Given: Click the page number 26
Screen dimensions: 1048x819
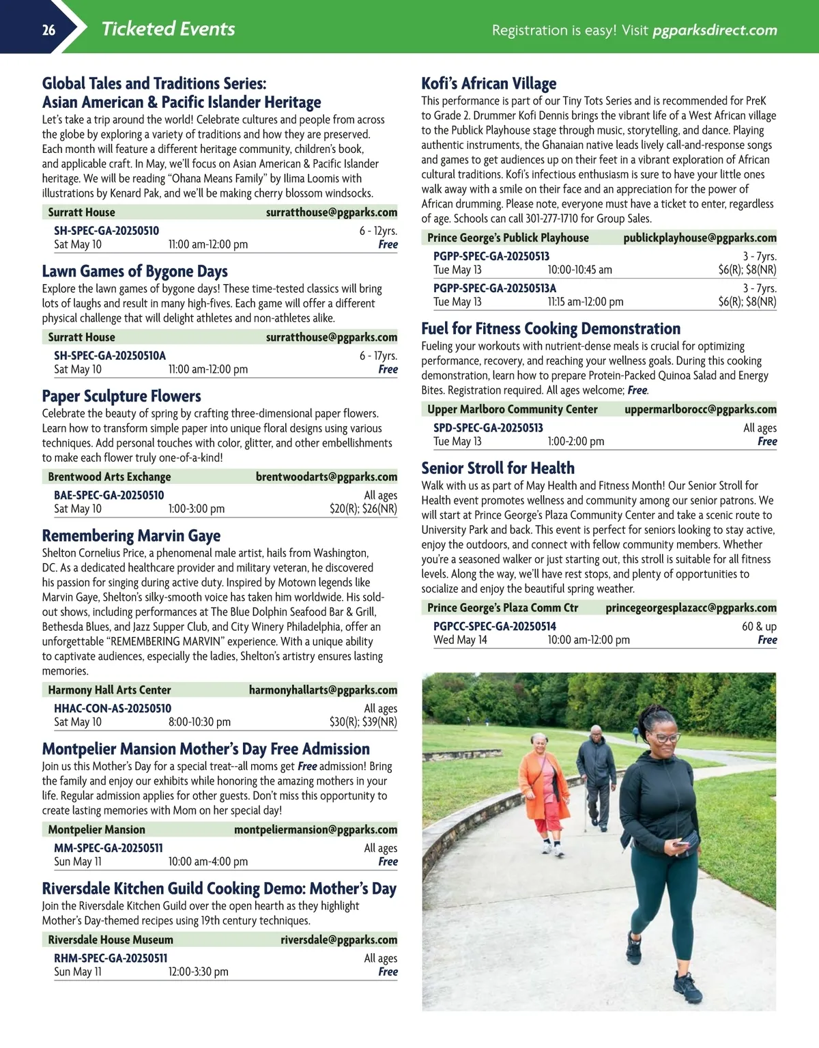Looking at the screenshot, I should click(x=48, y=29).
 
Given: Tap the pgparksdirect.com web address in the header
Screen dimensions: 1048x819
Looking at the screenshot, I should click(x=715, y=30).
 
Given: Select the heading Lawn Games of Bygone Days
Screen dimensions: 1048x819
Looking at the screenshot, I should click(x=134, y=272).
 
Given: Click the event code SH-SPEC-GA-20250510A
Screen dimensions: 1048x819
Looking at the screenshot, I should click(x=110, y=356).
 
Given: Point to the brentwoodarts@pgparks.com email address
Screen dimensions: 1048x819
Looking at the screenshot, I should click(x=326, y=477).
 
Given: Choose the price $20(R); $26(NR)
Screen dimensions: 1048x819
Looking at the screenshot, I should click(x=363, y=509).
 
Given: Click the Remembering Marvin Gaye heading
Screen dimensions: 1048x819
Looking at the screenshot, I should click(x=131, y=536).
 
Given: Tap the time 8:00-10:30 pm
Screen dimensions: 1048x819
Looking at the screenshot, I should click(x=199, y=722).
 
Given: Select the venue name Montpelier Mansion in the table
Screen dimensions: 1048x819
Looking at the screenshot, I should click(x=96, y=830).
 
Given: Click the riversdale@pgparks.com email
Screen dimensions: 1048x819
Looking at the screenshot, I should click(x=339, y=940).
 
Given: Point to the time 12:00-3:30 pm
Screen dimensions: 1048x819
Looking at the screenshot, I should click(x=198, y=972).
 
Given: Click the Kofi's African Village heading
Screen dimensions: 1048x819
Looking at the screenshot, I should click(x=489, y=84).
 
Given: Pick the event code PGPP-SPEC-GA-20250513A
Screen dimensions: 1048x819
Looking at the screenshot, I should click(x=495, y=288).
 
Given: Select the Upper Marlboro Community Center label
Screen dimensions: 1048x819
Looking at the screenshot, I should click(x=512, y=410).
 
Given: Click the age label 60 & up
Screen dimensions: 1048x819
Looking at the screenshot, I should click(x=759, y=626).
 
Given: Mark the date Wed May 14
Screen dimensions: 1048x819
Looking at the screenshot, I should click(x=460, y=640).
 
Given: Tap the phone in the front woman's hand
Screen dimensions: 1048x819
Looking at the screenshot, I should click(x=680, y=845).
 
